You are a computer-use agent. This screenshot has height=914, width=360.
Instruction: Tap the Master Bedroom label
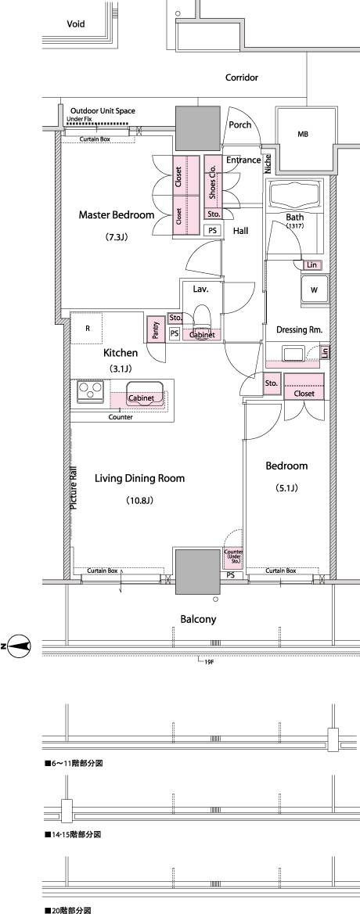tap(117, 215)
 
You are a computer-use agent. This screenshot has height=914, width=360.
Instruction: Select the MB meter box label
tap(303, 135)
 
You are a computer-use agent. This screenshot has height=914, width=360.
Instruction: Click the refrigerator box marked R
tap(88, 328)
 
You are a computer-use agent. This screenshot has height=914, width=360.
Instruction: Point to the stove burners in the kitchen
tap(90, 389)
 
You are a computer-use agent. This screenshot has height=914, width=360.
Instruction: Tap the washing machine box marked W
tap(314, 290)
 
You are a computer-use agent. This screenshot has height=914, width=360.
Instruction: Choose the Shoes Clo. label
tap(213, 181)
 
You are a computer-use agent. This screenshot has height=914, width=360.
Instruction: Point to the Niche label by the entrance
tap(268, 164)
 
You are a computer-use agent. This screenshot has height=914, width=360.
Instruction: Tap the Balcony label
tap(198, 620)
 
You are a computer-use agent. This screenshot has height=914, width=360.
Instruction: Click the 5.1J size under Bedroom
tap(286, 488)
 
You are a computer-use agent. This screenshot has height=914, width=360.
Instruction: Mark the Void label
tap(76, 24)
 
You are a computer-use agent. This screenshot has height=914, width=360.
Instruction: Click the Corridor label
tap(242, 77)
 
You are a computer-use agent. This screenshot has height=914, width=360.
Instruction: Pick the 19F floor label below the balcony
tap(210, 662)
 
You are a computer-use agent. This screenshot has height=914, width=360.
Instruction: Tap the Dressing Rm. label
tap(300, 330)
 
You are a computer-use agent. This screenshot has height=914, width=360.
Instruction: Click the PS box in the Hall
tap(214, 230)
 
